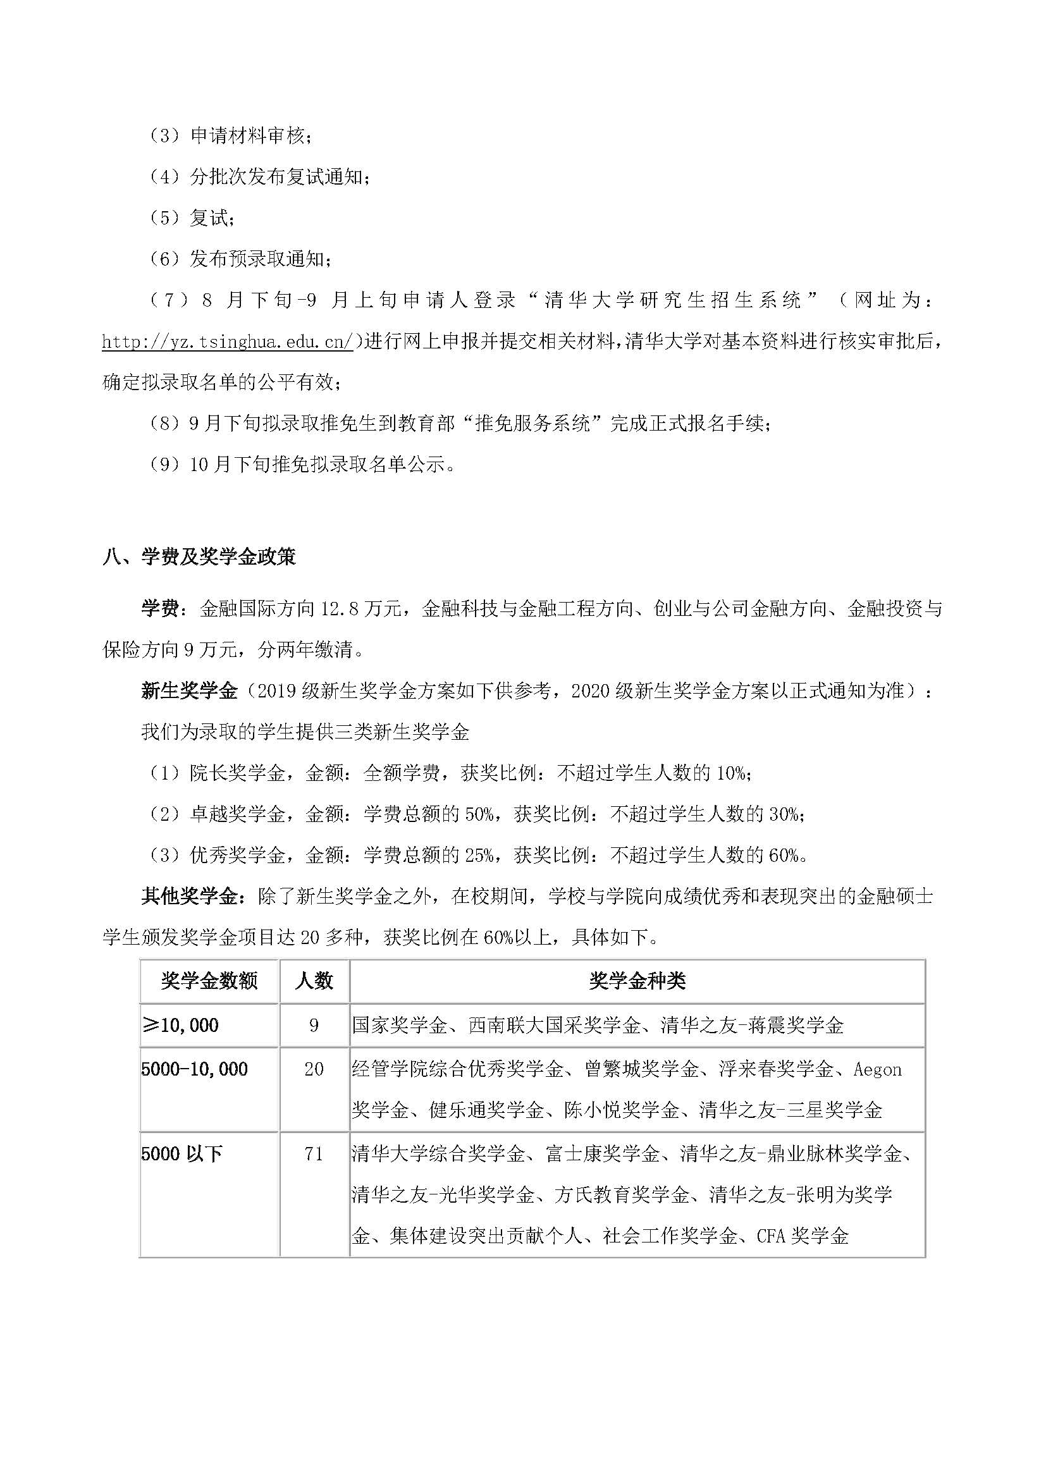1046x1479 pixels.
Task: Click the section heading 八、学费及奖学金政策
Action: tap(199, 556)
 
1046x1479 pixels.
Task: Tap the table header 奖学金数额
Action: tap(209, 981)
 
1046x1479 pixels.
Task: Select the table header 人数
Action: tap(314, 981)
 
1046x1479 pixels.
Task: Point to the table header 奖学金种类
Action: tap(637, 981)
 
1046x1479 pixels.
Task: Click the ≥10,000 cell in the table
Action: tap(180, 1025)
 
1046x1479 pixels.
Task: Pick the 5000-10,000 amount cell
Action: tap(195, 1069)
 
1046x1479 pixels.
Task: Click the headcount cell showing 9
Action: tap(314, 1025)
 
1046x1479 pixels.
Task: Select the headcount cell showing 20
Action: tap(314, 1069)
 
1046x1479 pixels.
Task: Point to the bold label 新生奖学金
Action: tap(189, 691)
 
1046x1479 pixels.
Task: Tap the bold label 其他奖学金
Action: tap(189, 897)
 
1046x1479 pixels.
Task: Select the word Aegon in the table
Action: tap(877, 1069)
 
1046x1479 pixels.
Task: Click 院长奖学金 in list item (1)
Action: tap(238, 773)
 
